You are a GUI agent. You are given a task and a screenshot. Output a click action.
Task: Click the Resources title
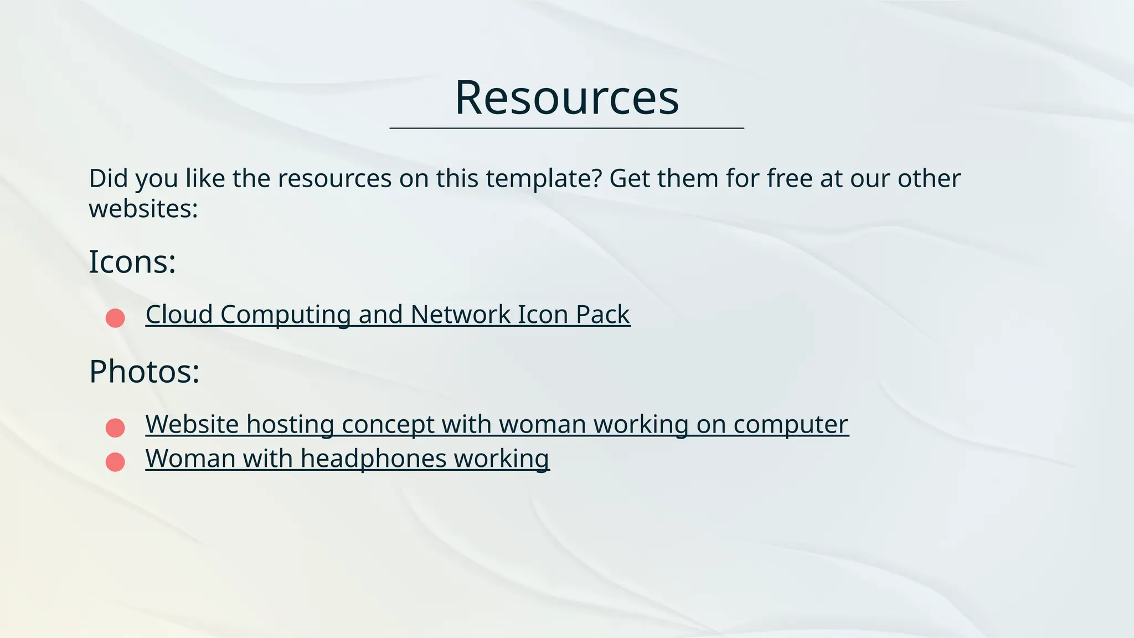point(566,98)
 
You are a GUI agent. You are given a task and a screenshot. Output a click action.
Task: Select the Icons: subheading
point(132,262)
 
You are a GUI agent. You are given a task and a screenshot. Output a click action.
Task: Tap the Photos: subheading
point(144,372)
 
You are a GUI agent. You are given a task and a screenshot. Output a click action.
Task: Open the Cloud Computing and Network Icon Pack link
point(388,315)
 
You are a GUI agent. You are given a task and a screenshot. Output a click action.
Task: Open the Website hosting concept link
point(497,424)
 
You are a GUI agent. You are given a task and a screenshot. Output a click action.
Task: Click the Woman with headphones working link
point(347,459)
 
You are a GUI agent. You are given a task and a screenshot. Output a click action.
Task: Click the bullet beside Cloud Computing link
point(115,318)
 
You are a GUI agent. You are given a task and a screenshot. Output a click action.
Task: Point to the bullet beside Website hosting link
point(115,428)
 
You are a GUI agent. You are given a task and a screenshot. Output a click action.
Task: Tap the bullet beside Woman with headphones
point(115,462)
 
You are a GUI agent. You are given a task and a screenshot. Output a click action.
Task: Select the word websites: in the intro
point(143,209)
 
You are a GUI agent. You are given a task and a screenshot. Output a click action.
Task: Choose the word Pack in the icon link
point(602,315)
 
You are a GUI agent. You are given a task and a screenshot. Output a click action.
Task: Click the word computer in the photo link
point(791,424)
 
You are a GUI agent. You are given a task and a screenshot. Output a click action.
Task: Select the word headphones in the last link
point(373,459)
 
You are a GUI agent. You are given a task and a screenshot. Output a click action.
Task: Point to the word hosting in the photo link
point(290,424)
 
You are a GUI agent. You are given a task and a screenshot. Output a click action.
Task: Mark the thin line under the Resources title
point(566,128)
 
